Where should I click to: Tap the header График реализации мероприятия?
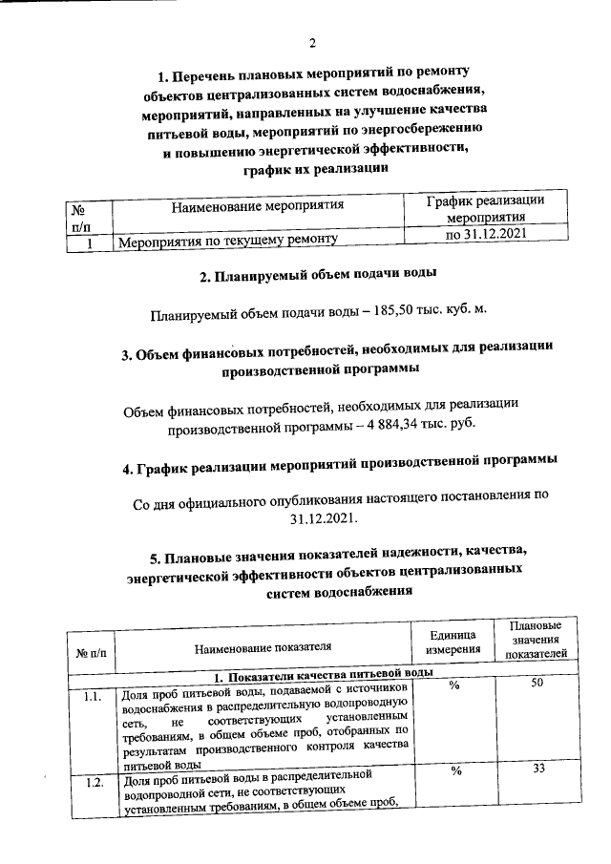pos(486,209)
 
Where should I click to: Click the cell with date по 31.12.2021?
pos(486,234)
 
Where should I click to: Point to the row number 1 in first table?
pos(88,243)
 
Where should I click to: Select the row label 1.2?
pos(94,784)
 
